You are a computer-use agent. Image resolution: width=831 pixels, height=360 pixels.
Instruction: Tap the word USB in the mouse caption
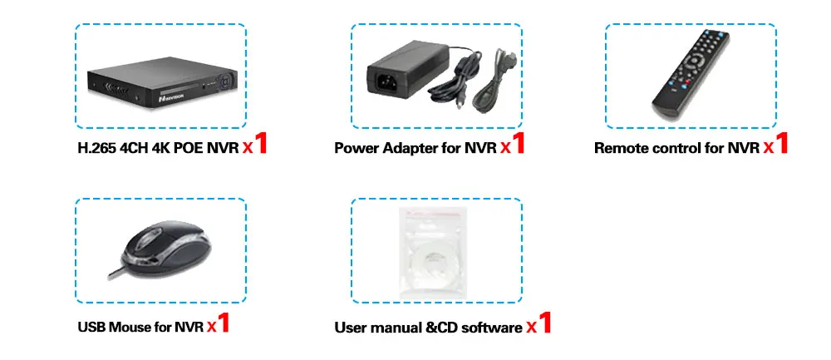coord(91,327)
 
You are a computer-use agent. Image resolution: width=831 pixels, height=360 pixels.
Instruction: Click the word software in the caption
coord(489,327)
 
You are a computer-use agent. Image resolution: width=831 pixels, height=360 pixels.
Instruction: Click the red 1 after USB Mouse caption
coord(224,322)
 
